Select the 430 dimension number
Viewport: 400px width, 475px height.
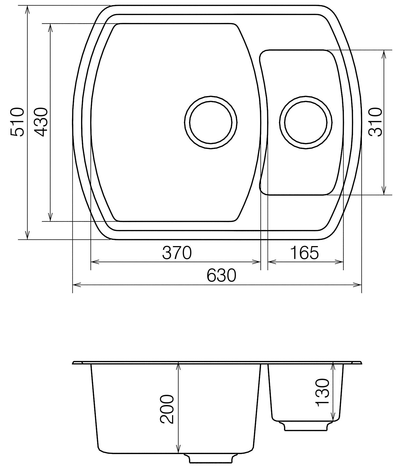(x=41, y=122)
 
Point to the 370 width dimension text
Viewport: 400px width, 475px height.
(x=177, y=253)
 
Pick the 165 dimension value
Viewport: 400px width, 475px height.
(x=304, y=253)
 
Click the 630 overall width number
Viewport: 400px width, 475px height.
(x=221, y=275)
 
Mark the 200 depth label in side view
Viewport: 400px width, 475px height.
(x=167, y=409)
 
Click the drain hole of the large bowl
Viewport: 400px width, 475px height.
(x=211, y=122)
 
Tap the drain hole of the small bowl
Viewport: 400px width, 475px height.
(x=306, y=122)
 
